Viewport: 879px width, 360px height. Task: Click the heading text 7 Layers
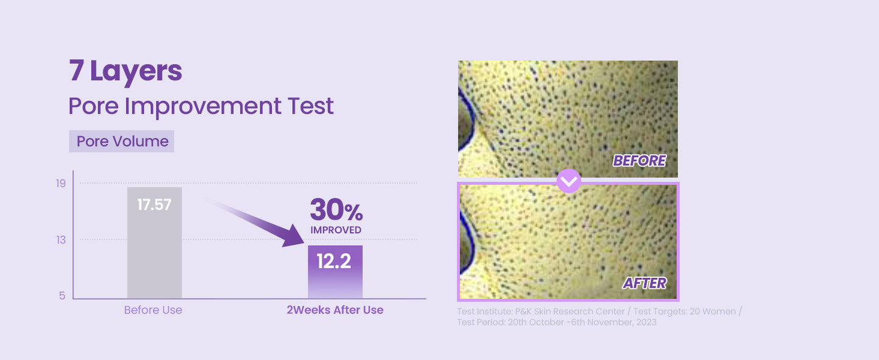(125, 71)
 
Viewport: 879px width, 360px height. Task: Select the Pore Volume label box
(122, 141)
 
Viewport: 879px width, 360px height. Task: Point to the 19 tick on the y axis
(61, 183)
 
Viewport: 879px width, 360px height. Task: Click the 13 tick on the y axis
(61, 240)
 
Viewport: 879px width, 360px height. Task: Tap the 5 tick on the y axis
(62, 296)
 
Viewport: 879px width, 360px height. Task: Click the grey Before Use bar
(155, 255)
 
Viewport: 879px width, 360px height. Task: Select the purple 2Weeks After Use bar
(335, 280)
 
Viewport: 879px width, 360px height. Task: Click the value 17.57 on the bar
(155, 205)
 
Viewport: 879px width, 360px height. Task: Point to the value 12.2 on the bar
(334, 261)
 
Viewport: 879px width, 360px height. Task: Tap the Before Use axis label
(153, 310)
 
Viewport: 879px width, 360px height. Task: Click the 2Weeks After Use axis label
(335, 310)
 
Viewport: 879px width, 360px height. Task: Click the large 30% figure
(336, 210)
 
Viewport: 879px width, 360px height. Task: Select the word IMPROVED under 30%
(336, 230)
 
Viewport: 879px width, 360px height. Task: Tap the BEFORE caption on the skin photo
(639, 161)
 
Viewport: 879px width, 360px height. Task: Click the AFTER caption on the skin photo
(644, 283)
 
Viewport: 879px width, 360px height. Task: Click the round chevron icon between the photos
(569, 181)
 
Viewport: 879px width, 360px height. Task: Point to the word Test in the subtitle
(312, 106)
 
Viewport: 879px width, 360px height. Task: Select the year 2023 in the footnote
(645, 322)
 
